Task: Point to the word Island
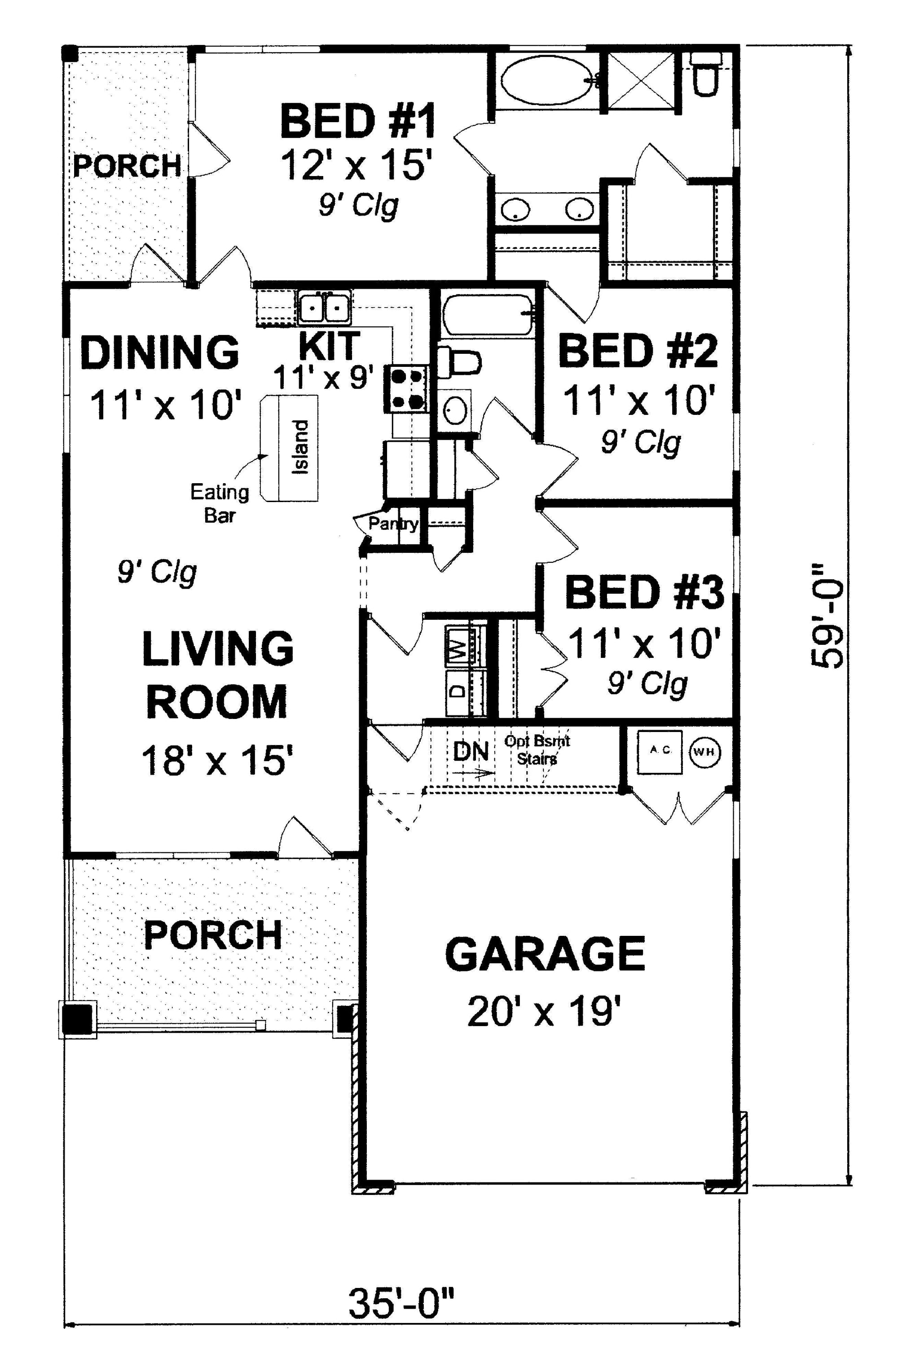pos(300,446)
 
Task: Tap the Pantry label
pos(393,524)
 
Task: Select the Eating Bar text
pos(220,503)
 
